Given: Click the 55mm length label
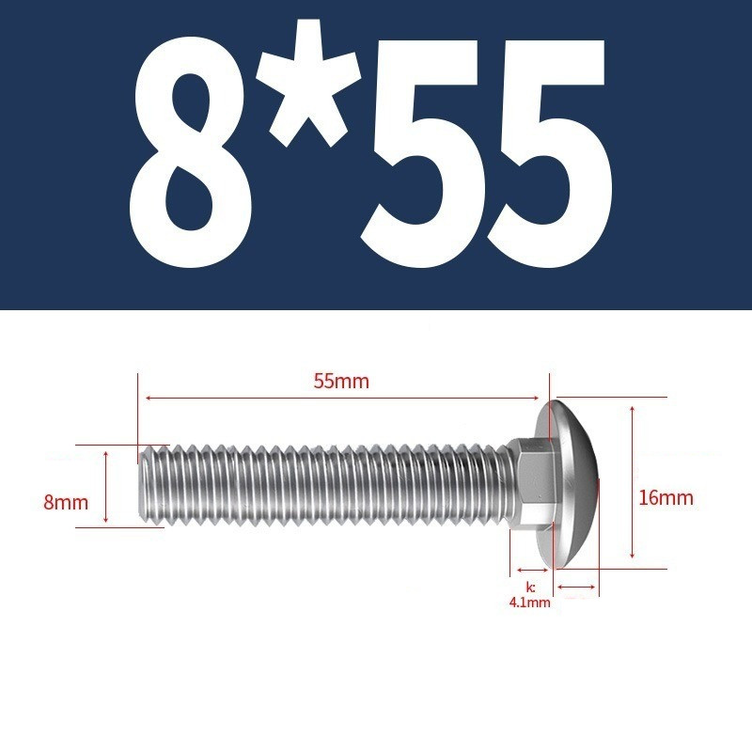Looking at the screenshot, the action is pyautogui.click(x=341, y=382).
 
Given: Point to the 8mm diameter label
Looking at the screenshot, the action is pyautogui.click(x=66, y=503).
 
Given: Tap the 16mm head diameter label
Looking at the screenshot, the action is pyautogui.click(x=666, y=498).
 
